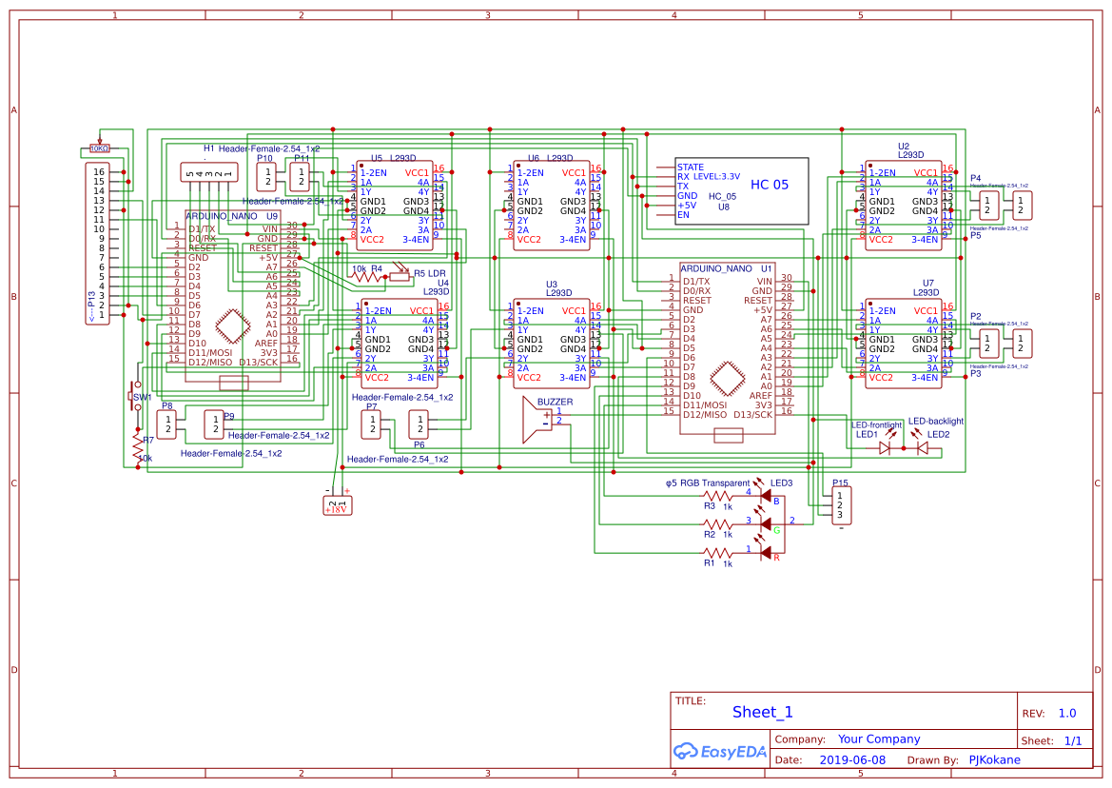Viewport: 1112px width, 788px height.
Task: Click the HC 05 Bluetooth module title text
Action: pyautogui.click(x=770, y=185)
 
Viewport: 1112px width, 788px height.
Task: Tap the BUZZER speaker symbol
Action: pyautogui.click(x=536, y=420)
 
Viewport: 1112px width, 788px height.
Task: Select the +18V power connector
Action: pyautogui.click(x=337, y=503)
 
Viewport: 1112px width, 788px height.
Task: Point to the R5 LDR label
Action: pyautogui.click(x=430, y=273)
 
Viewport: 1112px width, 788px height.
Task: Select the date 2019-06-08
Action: pyautogui.click(x=851, y=759)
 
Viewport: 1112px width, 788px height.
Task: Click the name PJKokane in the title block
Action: pyautogui.click(x=994, y=759)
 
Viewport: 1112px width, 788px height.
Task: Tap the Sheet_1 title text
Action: pyautogui.click(x=762, y=712)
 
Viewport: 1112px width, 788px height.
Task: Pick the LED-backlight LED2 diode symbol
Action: pyautogui.click(x=921, y=446)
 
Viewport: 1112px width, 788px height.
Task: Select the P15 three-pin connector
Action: pyautogui.click(x=839, y=504)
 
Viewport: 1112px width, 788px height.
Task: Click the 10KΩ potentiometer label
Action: pyautogui.click(x=99, y=148)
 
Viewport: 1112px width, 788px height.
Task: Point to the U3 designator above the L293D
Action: pyautogui.click(x=552, y=285)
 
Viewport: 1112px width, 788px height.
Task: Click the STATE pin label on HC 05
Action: pyautogui.click(x=691, y=167)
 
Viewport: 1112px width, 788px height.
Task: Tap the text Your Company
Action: pyautogui.click(x=879, y=739)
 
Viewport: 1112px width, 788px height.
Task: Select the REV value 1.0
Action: pyautogui.click(x=1066, y=713)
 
